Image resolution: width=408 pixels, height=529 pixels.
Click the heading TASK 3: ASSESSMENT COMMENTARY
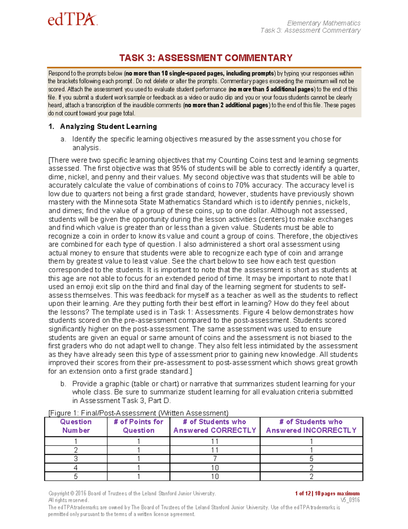point(206,58)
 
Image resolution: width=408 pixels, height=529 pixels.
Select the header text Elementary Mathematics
point(323,23)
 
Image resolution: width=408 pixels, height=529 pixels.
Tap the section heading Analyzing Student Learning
point(108,127)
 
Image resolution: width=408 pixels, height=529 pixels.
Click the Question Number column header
point(76,426)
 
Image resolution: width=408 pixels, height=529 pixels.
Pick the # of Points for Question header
point(138,426)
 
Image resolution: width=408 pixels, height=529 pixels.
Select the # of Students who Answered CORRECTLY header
point(215,426)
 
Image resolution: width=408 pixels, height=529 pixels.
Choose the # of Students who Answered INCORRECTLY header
point(311,426)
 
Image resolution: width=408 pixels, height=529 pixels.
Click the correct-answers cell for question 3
point(215,459)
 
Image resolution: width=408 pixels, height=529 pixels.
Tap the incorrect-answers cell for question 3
point(311,459)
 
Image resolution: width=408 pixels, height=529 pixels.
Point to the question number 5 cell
point(76,477)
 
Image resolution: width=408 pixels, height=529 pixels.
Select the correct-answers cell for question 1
point(215,441)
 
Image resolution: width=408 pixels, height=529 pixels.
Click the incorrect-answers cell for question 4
point(311,468)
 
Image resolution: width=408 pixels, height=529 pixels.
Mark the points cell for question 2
point(138,450)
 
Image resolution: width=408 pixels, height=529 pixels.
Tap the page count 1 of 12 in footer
point(304,493)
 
